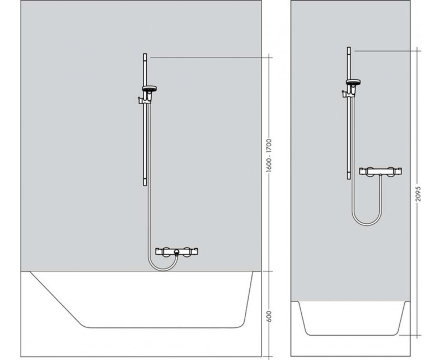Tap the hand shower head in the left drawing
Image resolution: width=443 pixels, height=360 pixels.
(x=150, y=89)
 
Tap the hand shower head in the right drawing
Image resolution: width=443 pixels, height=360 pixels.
(x=353, y=83)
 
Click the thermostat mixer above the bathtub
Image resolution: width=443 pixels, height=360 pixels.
(x=175, y=253)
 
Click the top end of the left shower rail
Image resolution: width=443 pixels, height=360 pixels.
(x=145, y=55)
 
